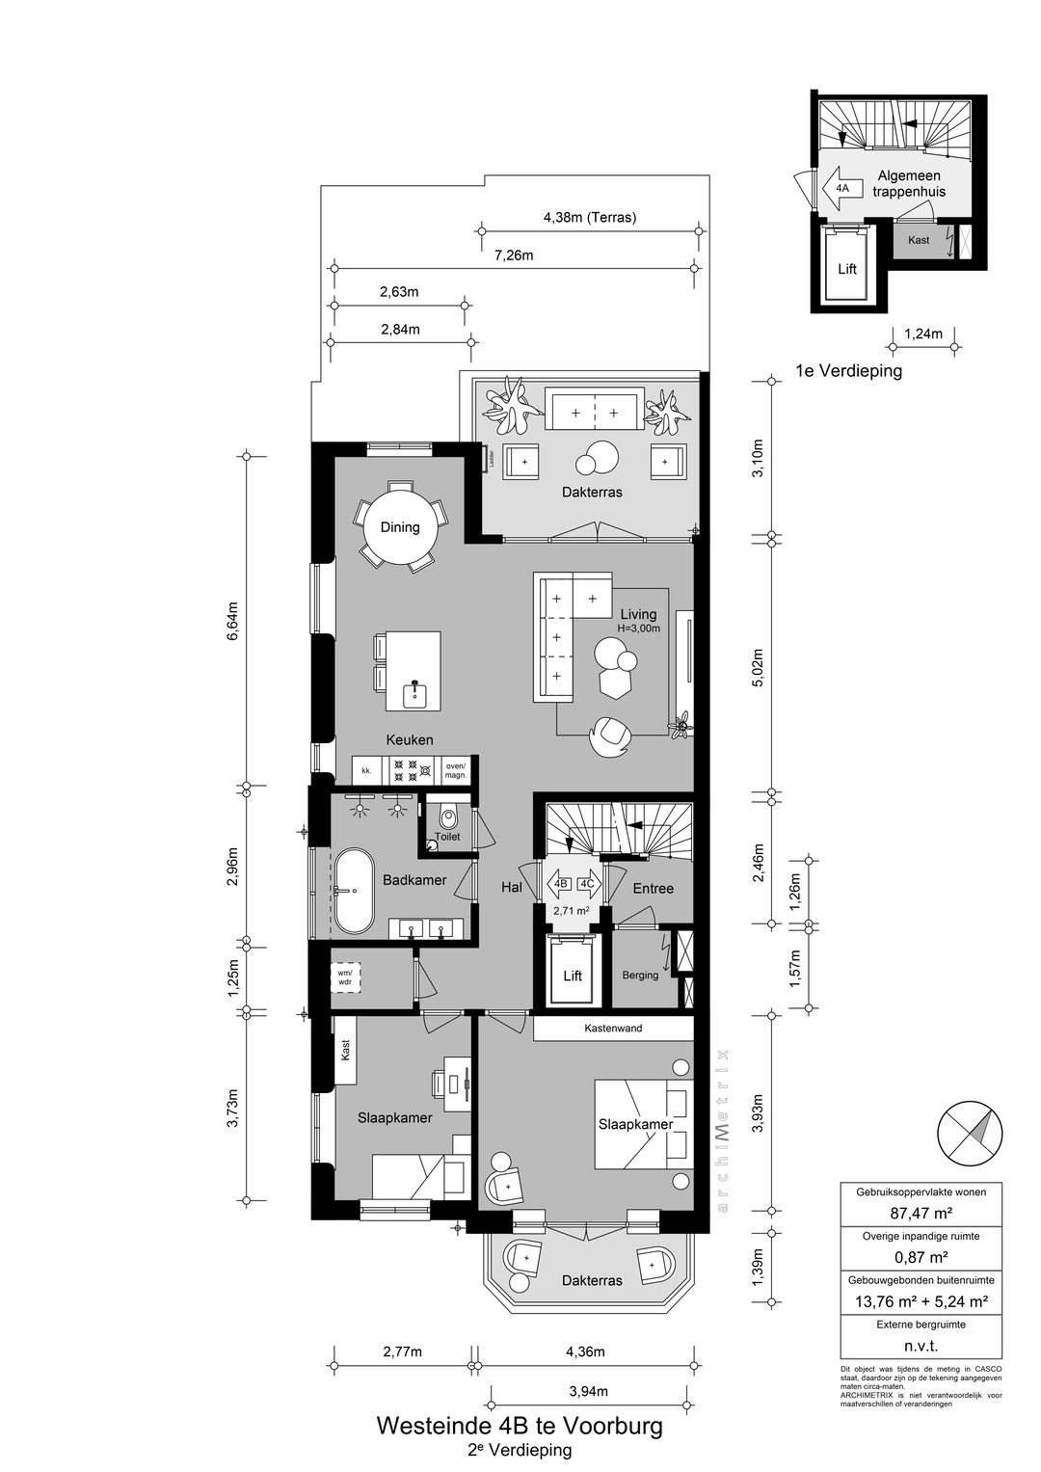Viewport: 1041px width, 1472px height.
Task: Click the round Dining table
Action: (x=400, y=527)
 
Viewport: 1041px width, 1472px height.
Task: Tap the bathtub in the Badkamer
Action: (x=354, y=892)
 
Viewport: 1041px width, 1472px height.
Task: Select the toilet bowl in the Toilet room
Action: (x=447, y=818)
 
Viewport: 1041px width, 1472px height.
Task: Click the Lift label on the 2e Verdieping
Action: (x=573, y=976)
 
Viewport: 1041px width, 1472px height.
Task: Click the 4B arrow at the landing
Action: (x=560, y=883)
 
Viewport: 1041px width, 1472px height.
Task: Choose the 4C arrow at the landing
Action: (x=587, y=883)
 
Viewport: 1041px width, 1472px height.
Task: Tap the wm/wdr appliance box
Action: (x=344, y=977)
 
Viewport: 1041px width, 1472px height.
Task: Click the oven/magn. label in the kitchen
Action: (x=455, y=770)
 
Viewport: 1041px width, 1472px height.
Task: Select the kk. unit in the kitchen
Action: (x=366, y=770)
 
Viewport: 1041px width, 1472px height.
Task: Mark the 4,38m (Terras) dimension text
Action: (x=589, y=217)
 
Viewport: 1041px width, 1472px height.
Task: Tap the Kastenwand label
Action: (x=613, y=1029)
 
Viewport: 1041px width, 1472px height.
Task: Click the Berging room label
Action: (x=640, y=975)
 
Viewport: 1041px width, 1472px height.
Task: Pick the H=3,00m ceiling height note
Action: (x=639, y=629)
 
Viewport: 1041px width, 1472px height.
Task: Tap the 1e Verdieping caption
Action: (x=848, y=371)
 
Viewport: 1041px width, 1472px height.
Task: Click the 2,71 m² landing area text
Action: (x=571, y=910)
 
